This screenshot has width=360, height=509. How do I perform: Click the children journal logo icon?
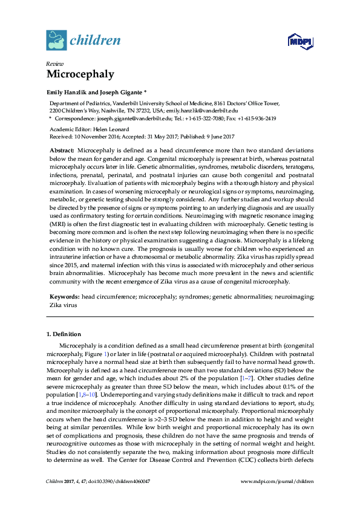(56, 41)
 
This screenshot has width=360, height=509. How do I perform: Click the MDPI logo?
(299, 41)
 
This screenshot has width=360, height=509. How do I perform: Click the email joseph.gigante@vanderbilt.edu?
(126, 118)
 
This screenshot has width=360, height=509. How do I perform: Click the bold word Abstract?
(62, 149)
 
